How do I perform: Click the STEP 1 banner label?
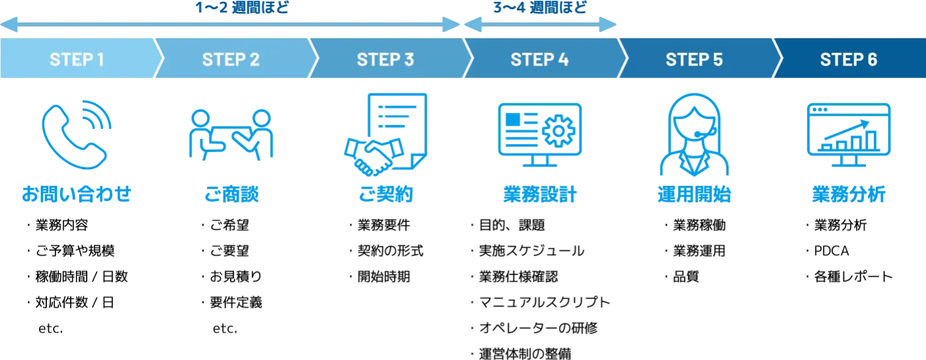(x=77, y=60)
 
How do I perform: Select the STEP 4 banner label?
(x=540, y=60)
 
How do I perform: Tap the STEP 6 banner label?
(x=849, y=60)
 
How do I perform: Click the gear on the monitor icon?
(x=558, y=131)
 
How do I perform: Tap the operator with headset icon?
(x=694, y=134)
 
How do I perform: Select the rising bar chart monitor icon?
(x=849, y=134)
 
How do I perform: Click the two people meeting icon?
(x=231, y=135)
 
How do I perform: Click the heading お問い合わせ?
(x=77, y=194)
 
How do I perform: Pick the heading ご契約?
(x=386, y=194)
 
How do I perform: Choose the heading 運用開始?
(x=694, y=194)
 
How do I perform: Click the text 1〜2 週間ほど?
(x=242, y=7)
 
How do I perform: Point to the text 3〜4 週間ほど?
(x=540, y=7)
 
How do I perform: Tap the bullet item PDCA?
(x=831, y=251)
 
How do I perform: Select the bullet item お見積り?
(x=235, y=277)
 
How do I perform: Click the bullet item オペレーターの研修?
(x=538, y=328)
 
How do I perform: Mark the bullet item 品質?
(x=686, y=277)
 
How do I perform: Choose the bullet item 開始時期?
(x=384, y=277)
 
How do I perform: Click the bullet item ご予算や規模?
(x=75, y=251)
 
